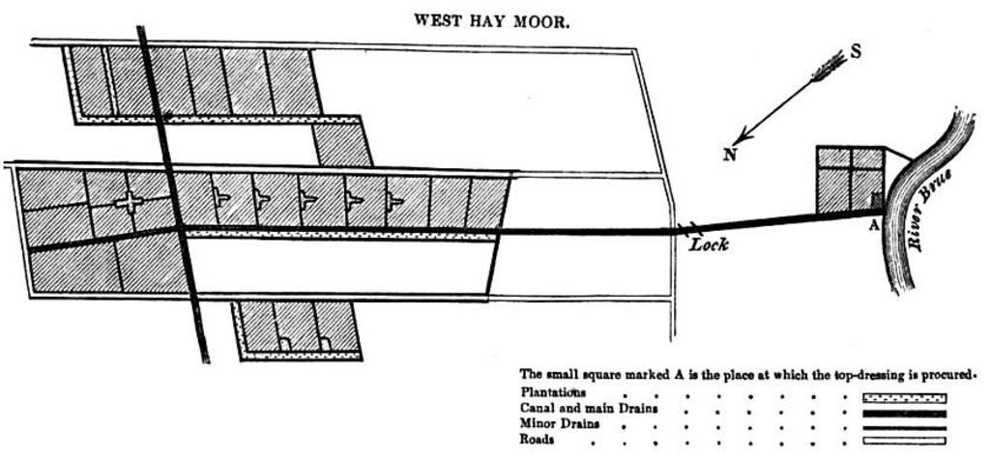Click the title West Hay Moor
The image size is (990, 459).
coord(491,19)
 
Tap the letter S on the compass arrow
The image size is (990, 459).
coord(856,51)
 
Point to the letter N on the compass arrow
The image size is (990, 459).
coord(729,154)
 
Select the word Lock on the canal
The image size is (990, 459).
coord(709,245)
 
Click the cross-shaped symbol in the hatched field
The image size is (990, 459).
coord(129,201)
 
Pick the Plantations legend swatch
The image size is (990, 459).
coord(903,397)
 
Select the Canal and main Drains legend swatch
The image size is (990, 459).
coord(903,412)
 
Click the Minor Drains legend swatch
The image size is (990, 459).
coord(903,426)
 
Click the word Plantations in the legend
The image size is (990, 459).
coord(553,393)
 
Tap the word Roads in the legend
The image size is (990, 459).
coord(538,440)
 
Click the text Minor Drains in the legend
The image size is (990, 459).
coord(560,424)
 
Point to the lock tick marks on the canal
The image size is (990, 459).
coord(687,230)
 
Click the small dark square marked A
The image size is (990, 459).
coord(877,200)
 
